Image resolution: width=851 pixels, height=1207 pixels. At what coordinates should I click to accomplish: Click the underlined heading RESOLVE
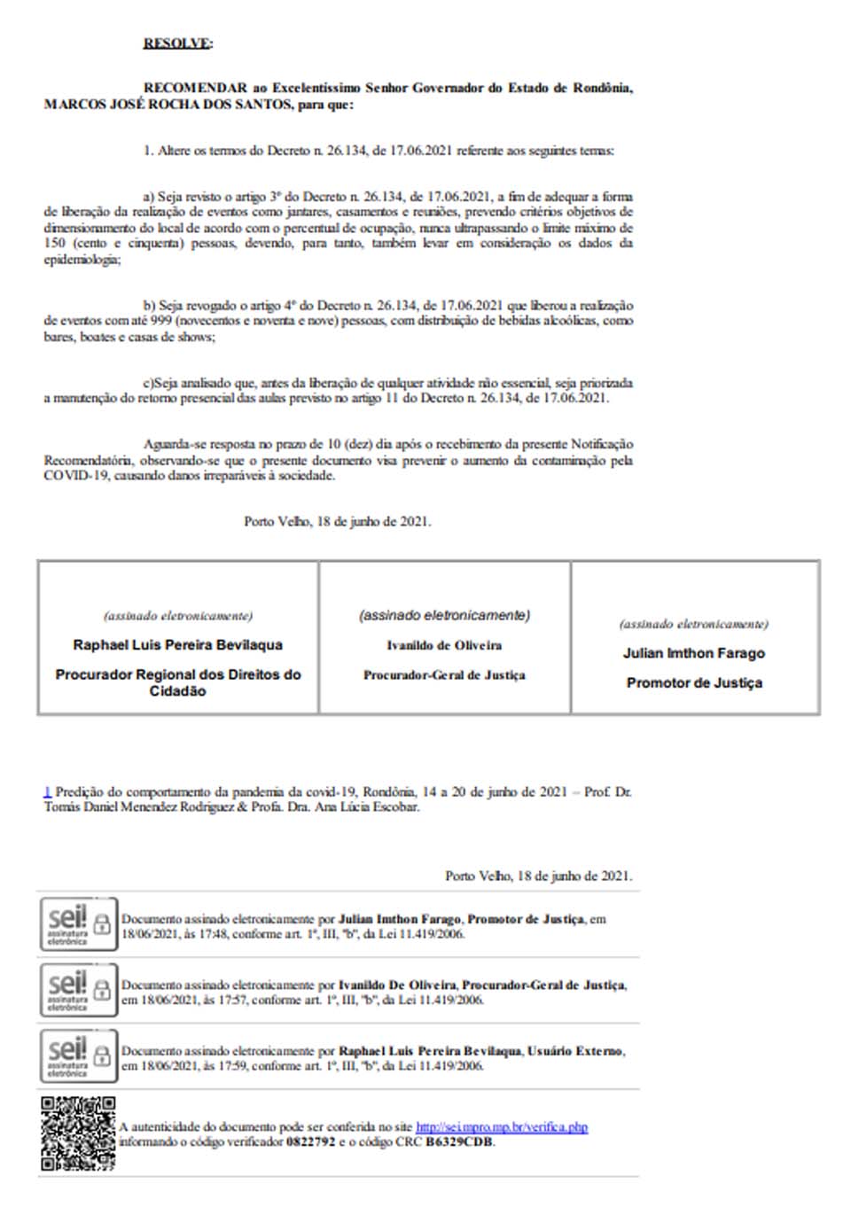pos(176,43)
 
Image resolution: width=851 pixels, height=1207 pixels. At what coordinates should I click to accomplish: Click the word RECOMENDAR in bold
pos(195,88)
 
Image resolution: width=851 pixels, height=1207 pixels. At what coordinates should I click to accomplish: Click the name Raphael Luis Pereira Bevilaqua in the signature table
pos(177,645)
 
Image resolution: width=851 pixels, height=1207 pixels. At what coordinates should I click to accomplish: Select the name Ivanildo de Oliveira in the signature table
pos(444,645)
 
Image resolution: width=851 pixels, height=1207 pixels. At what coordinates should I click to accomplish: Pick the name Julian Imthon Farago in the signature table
pos(694,653)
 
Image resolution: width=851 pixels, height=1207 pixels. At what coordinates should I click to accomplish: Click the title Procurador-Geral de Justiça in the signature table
pos(444,675)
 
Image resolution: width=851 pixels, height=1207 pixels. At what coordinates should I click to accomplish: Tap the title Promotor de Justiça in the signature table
pos(694,682)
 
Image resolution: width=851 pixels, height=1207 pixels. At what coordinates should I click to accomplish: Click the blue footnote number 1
pos(47,791)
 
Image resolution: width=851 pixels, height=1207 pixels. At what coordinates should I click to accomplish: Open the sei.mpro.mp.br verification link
pos(502,1127)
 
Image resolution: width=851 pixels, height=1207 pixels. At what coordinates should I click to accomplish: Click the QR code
pos(78,1133)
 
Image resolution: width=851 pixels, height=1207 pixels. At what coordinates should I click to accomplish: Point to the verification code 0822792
pos(310,1142)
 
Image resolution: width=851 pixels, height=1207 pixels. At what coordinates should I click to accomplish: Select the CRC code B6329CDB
pos(459,1142)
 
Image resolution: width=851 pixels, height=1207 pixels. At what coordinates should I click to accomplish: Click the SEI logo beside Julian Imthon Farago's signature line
pos(78,924)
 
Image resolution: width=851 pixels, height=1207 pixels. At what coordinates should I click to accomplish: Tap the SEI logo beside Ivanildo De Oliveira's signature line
pos(78,990)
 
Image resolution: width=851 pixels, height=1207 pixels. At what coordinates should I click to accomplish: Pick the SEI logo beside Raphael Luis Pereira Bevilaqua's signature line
pos(78,1056)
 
